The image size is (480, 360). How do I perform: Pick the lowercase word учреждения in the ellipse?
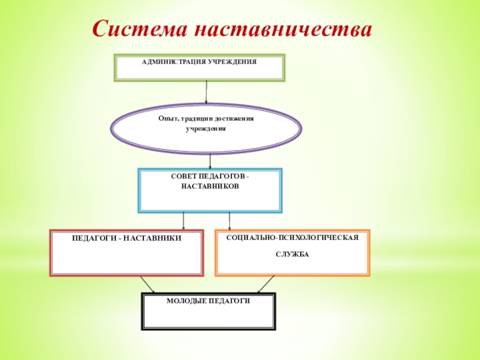[206, 129]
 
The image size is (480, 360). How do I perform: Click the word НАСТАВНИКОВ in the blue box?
[210, 187]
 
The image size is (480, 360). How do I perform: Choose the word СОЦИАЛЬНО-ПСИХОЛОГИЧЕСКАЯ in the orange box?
[292, 238]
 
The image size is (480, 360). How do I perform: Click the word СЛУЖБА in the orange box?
[292, 254]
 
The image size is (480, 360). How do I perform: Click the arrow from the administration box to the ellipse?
[206, 92]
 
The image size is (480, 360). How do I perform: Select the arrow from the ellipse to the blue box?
[210, 160]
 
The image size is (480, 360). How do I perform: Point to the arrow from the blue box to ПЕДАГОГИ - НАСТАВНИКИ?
[184, 220]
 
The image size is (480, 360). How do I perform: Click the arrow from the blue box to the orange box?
[229, 220]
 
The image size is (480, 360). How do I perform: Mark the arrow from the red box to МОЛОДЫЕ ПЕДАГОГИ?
[147, 284]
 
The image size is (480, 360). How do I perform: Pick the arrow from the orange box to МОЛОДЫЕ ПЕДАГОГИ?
[266, 284]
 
